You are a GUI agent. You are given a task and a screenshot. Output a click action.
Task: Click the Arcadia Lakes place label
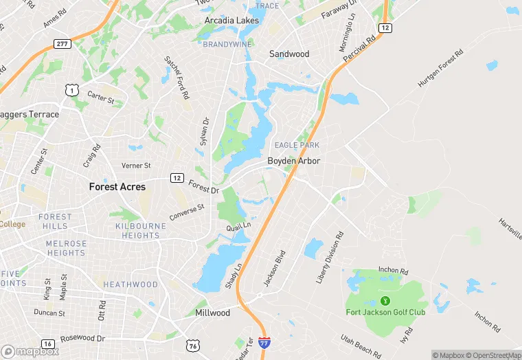pyautogui.click(x=231, y=21)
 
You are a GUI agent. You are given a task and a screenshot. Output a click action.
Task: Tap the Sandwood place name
pyautogui.click(x=289, y=54)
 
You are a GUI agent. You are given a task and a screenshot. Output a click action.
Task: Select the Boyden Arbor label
pyautogui.click(x=294, y=161)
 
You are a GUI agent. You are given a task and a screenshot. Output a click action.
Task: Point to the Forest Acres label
pyautogui.click(x=116, y=186)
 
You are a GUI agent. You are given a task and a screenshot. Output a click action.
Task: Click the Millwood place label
pyautogui.click(x=213, y=313)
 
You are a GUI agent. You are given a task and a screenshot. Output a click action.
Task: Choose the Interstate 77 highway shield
pyautogui.click(x=265, y=342)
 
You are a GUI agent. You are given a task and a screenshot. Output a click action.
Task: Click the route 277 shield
pyautogui.click(x=63, y=44)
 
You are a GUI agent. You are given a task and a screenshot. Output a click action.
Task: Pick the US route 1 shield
pyautogui.click(x=71, y=90)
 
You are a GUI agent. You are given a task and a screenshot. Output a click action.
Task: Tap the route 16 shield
pyautogui.click(x=47, y=344)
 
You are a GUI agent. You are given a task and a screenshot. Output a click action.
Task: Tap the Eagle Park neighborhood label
pyautogui.click(x=297, y=145)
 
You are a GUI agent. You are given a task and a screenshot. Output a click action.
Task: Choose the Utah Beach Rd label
pyautogui.click(x=361, y=346)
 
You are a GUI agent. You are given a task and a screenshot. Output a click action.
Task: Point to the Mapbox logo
pyautogui.click(x=30, y=351)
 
